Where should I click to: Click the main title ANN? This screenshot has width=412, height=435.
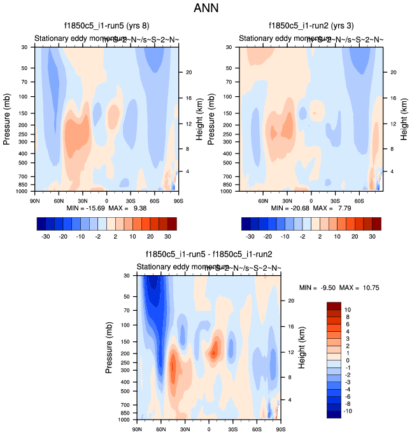click(206, 9)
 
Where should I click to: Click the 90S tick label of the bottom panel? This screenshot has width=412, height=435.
click(280, 429)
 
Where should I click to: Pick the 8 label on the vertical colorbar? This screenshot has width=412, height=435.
click(348, 315)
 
